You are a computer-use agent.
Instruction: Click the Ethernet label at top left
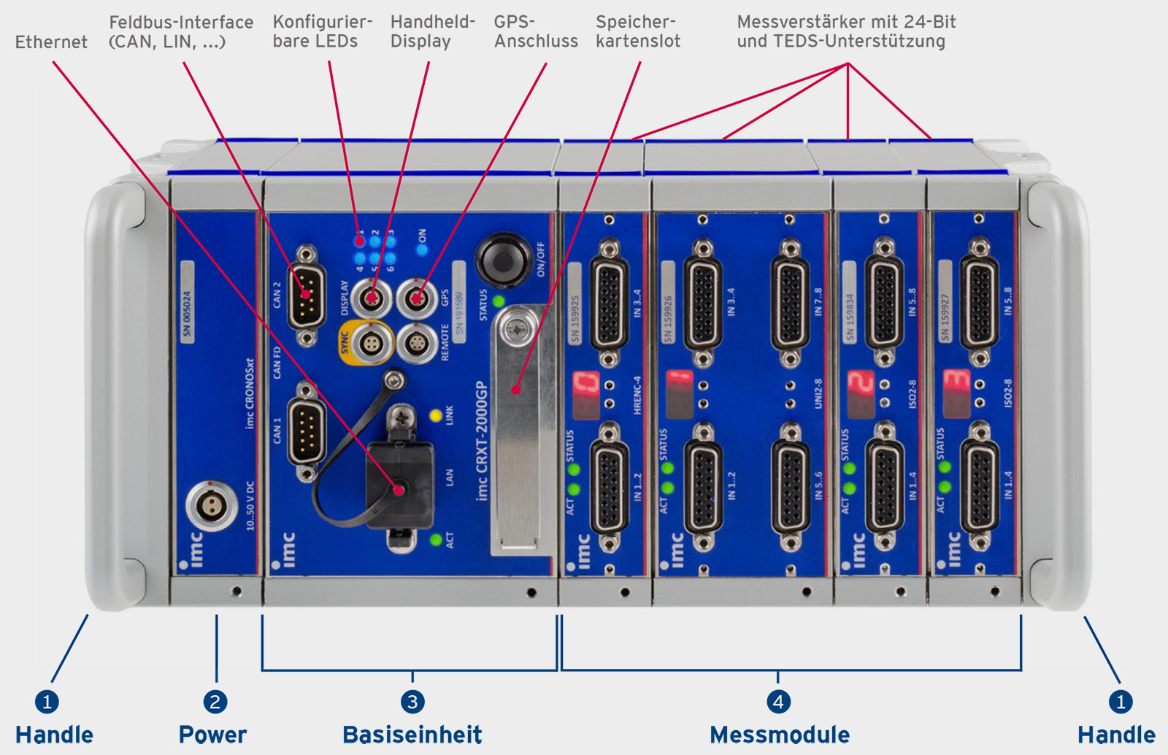51,42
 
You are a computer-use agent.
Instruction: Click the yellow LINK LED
436,416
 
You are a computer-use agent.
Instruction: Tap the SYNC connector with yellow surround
371,342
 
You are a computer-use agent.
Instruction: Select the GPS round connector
417,298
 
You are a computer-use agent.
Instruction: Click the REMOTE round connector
417,342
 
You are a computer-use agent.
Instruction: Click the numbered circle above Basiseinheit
412,702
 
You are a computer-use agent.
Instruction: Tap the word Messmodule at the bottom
779,735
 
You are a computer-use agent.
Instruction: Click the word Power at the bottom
212,735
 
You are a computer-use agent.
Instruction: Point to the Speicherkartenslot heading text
637,31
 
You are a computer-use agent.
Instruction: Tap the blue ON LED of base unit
422,249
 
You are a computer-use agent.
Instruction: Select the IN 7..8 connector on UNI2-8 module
790,301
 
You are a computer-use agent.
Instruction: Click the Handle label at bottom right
1116,735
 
